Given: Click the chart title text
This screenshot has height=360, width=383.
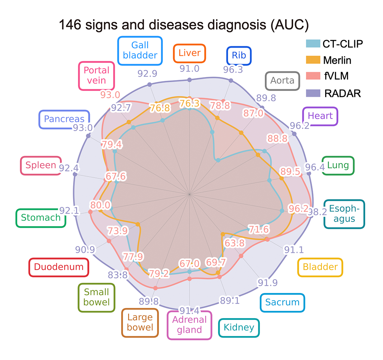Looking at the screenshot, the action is (x=184, y=25).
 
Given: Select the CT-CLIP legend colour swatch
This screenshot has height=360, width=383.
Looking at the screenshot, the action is (x=313, y=44).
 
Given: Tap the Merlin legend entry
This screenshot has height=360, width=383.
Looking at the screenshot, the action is (x=328, y=60).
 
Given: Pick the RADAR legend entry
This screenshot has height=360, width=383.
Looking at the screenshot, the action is (x=334, y=93).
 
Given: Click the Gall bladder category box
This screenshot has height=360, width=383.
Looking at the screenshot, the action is (x=140, y=51).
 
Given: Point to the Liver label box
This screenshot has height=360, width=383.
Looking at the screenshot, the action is (x=189, y=53).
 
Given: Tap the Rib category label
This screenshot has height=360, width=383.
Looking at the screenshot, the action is (x=239, y=55).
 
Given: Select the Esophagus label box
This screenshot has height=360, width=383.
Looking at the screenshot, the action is (x=344, y=214).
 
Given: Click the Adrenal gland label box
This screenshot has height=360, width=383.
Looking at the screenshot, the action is (x=189, y=325).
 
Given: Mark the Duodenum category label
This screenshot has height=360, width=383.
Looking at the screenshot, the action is (x=59, y=267).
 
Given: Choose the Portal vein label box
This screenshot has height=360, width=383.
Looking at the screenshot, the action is (x=96, y=75).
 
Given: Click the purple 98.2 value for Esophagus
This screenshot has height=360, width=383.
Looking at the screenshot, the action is (x=317, y=212).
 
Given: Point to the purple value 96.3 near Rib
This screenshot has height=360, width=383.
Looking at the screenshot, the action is (x=233, y=70).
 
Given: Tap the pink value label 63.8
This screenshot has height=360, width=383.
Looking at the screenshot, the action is (x=235, y=243).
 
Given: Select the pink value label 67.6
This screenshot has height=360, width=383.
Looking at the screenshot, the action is (x=116, y=176).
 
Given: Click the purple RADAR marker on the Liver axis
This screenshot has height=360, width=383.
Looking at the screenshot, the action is (x=189, y=80).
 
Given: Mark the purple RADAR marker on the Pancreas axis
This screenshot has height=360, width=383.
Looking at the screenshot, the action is (x=88, y=136).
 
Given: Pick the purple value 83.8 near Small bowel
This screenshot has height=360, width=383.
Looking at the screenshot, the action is (x=118, y=275).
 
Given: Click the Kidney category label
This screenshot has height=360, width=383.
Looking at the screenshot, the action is (x=239, y=328).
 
